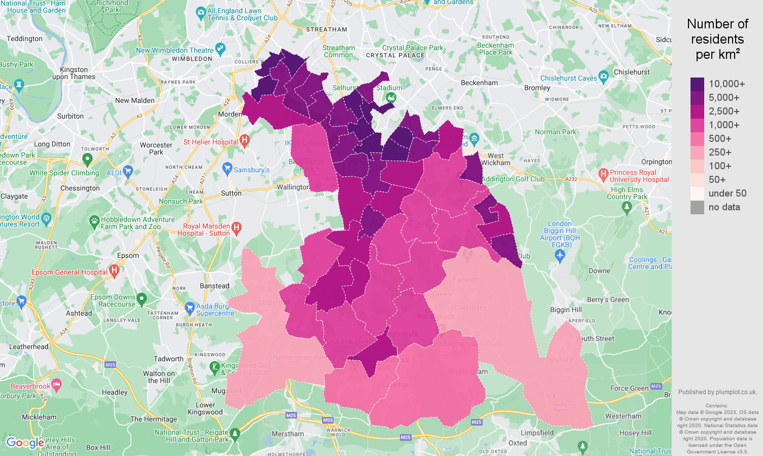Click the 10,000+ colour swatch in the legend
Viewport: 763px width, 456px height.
click(697, 84)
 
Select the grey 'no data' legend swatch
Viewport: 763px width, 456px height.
click(697, 207)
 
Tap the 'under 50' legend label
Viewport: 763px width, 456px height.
click(727, 194)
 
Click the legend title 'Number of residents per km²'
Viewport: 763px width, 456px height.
click(717, 39)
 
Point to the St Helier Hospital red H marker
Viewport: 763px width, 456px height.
click(244, 140)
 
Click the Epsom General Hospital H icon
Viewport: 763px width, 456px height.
click(114, 271)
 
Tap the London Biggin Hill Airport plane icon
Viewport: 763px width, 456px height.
click(560, 256)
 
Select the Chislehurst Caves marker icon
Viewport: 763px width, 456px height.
click(603, 77)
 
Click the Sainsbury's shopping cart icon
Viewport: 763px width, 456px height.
click(227, 168)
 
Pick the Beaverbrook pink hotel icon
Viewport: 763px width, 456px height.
click(56, 385)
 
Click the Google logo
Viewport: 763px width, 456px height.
click(24, 443)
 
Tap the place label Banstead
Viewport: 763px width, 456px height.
click(214, 286)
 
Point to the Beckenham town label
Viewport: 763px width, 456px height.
click(479, 83)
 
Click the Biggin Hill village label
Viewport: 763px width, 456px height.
click(566, 310)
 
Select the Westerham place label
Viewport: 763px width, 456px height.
click(623, 416)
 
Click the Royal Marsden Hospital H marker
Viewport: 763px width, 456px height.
click(236, 227)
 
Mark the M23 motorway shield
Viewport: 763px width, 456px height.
click(328, 420)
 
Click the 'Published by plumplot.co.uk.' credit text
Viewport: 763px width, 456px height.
click(717, 392)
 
